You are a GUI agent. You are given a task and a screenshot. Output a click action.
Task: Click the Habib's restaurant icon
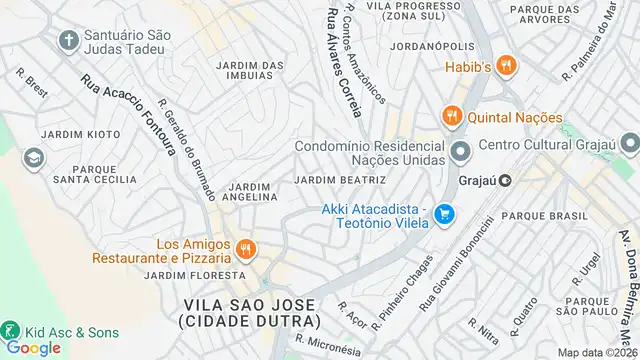tap(507, 66)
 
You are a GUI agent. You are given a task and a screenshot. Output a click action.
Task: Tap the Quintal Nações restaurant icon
tap(451, 115)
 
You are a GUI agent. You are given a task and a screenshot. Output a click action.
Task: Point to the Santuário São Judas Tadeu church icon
tap(69, 41)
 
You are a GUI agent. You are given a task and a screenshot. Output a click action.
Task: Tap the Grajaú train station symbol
tap(506, 181)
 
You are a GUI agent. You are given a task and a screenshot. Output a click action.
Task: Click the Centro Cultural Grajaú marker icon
tap(461, 153)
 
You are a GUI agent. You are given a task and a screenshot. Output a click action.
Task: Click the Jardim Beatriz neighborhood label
tap(340, 180)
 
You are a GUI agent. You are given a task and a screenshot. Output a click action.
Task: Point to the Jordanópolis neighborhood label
tap(432, 46)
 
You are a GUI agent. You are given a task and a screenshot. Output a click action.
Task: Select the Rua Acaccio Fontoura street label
tap(129, 116)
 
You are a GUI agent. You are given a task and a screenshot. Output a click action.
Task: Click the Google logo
tap(34, 348)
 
